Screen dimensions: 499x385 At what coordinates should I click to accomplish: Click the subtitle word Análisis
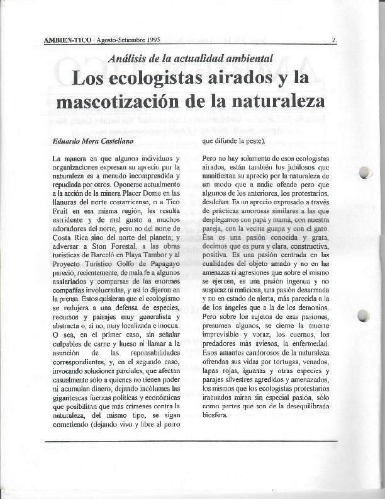pyautogui.click(x=125, y=57)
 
